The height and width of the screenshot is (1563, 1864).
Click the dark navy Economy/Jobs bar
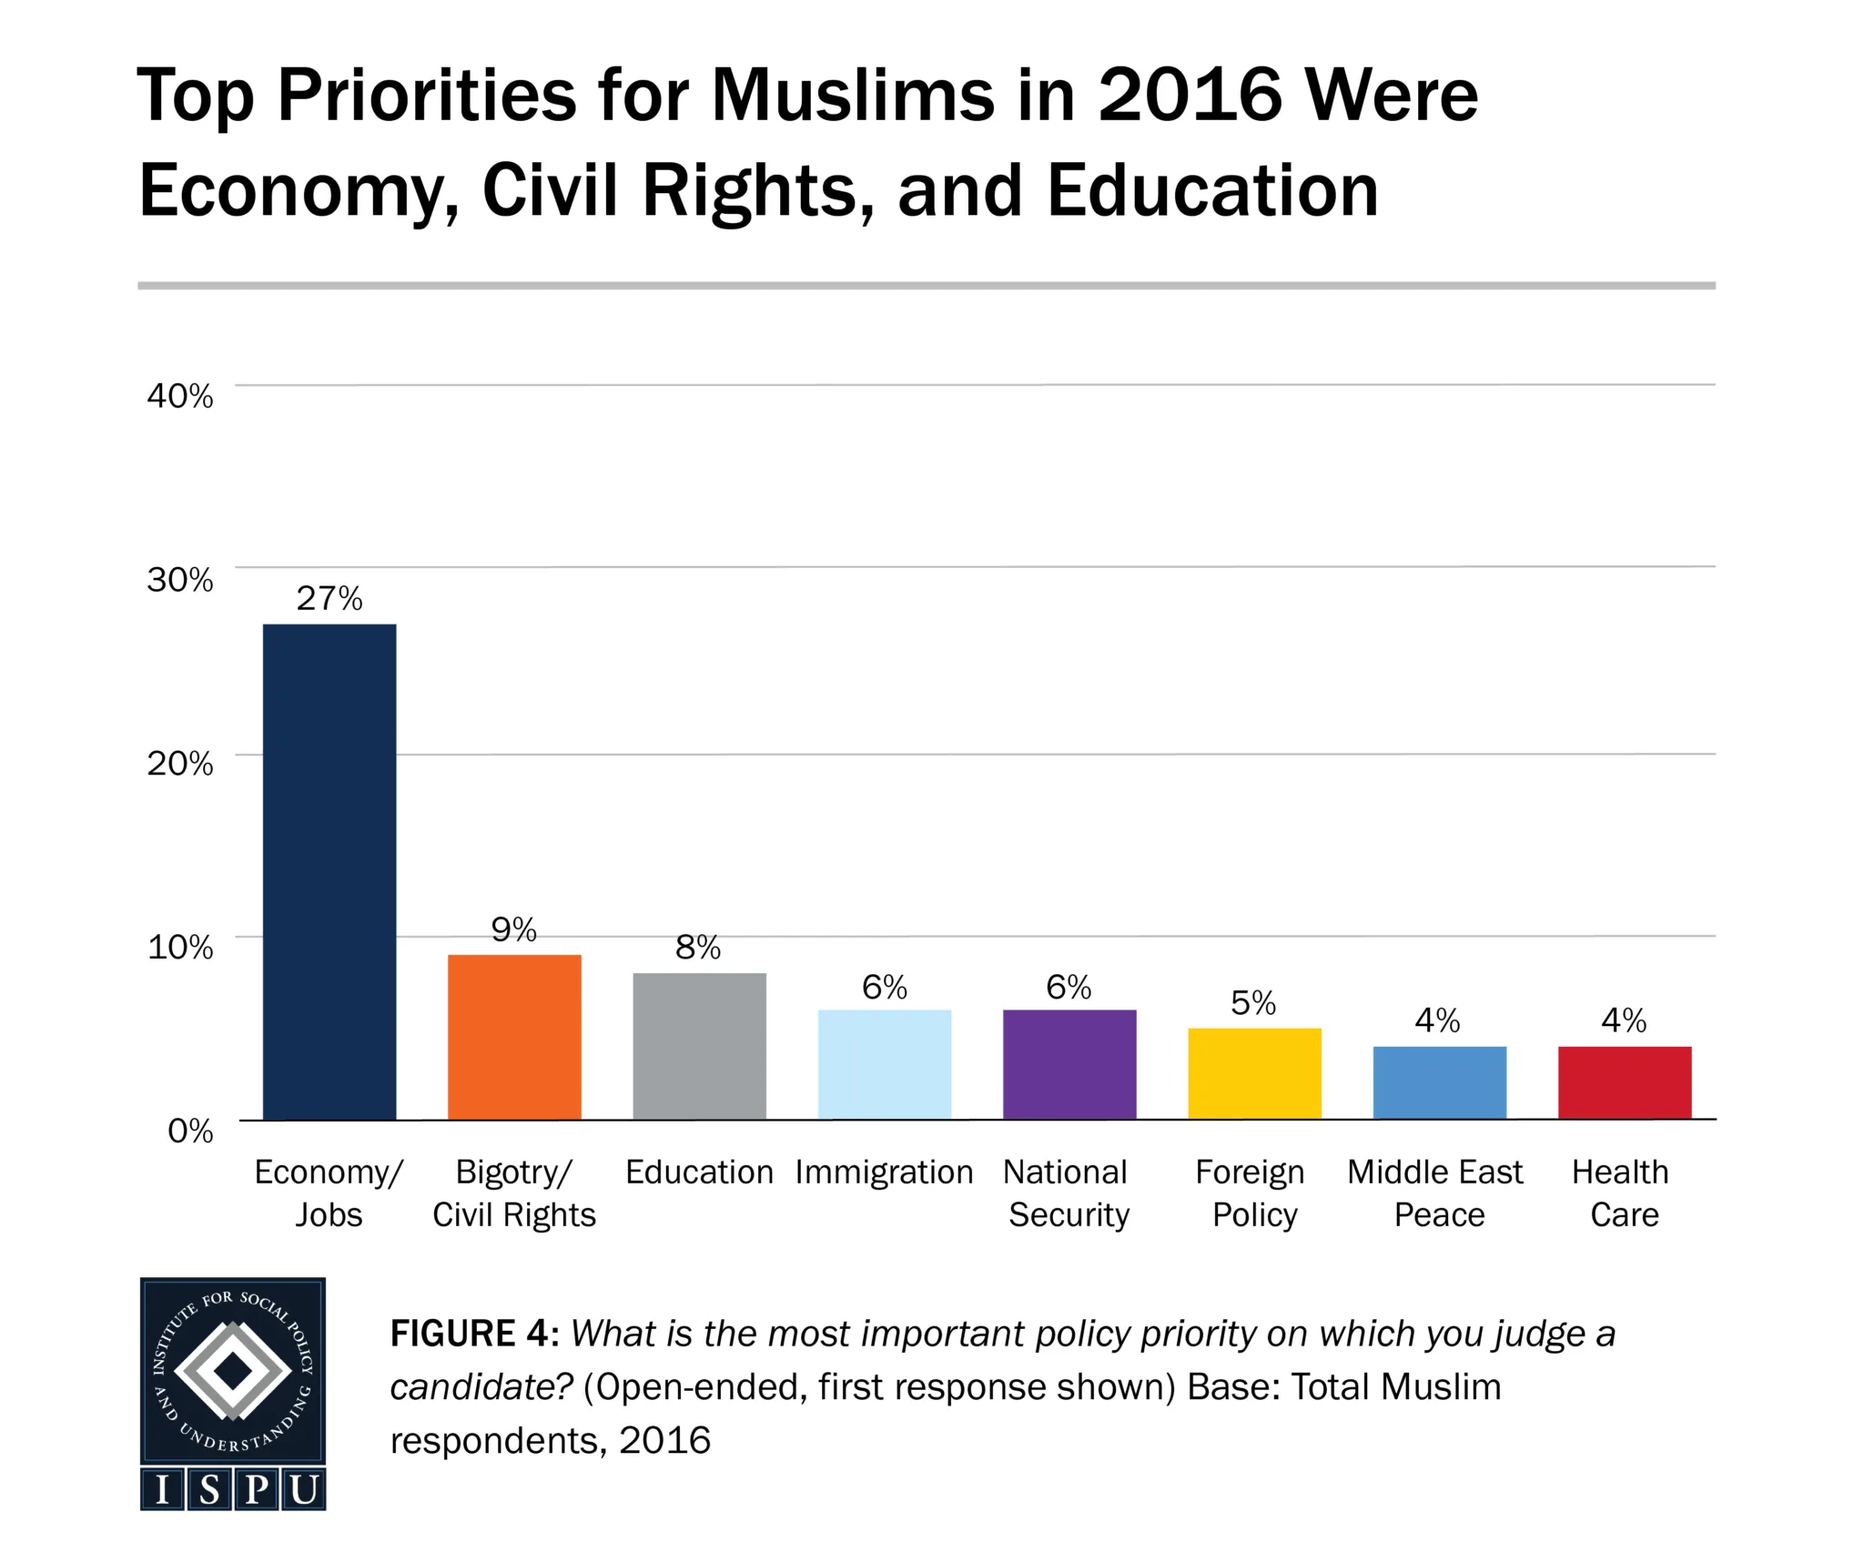(x=329, y=871)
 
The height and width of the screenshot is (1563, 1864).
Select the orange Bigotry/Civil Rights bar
(x=514, y=1037)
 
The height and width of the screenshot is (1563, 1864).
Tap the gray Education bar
(x=699, y=1046)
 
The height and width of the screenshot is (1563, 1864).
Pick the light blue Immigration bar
(x=884, y=1064)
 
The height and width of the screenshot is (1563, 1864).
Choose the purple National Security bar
(x=1069, y=1064)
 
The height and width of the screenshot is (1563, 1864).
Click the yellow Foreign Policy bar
(x=1254, y=1073)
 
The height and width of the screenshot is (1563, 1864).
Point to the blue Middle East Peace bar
(x=1439, y=1082)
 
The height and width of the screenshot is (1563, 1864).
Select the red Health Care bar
(x=1625, y=1082)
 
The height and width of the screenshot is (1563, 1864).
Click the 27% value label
(x=329, y=598)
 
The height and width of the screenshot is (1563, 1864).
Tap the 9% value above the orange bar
(x=514, y=929)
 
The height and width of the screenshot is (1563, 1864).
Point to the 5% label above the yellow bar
(x=1254, y=1003)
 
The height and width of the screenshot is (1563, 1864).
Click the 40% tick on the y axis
(x=180, y=396)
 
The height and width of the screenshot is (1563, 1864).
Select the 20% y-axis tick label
(x=180, y=763)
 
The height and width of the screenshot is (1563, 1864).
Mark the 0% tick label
(x=190, y=1131)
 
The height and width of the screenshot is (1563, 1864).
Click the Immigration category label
(x=884, y=1172)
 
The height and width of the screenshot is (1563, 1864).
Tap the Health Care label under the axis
(x=1622, y=1193)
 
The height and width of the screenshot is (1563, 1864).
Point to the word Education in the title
(x=1212, y=191)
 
